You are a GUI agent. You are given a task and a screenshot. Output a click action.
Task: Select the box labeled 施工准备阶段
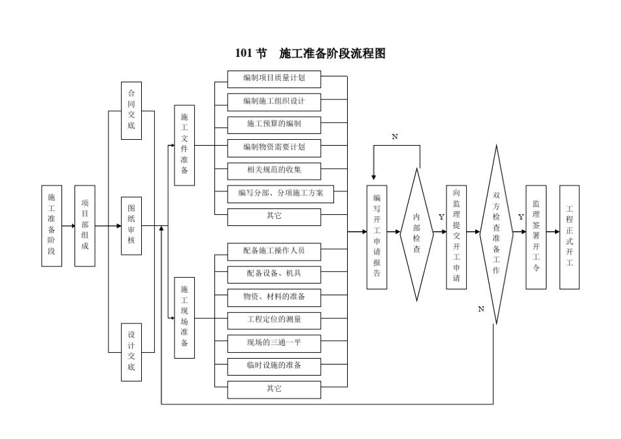52,225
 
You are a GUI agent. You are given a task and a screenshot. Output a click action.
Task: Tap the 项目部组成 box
85,225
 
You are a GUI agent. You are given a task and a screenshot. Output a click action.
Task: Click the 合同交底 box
131,110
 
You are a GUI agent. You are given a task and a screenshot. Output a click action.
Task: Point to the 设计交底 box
131,351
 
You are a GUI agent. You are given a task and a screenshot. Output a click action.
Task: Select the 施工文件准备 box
184,144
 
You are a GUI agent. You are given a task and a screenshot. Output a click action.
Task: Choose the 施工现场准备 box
184,317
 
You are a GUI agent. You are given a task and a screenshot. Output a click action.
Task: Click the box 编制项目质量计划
274,80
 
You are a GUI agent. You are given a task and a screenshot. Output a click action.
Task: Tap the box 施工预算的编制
274,123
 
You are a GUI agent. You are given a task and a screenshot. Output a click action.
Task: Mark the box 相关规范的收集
274,171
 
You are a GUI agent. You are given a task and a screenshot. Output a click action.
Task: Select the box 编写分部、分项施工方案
280,193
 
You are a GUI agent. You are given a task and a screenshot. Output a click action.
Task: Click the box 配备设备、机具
274,272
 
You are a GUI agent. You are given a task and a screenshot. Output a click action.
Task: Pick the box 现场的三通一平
274,342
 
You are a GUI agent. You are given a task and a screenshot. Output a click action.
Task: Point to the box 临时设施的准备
274,366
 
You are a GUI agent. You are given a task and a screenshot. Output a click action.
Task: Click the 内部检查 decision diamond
416,233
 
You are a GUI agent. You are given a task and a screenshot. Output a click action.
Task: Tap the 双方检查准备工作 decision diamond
496,233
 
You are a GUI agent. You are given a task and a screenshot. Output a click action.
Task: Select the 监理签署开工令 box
535,236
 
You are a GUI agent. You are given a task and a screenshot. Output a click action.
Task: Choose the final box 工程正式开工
569,236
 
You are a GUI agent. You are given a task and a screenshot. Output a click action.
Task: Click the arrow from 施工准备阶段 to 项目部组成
68,226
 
